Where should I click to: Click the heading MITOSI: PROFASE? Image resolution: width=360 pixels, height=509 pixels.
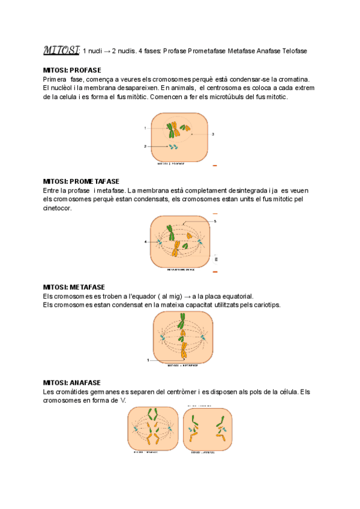click(72, 70)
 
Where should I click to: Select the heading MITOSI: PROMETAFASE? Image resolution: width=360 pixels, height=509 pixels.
click(81, 181)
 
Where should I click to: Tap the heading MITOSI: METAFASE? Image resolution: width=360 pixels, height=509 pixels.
click(74, 287)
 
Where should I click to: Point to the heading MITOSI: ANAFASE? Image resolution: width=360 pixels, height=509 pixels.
click(71, 382)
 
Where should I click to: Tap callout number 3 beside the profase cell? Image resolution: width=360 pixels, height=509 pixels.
click(213, 134)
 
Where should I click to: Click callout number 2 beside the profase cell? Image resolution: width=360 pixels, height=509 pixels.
click(145, 146)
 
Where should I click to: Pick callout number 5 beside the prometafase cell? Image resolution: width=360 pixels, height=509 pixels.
click(215, 221)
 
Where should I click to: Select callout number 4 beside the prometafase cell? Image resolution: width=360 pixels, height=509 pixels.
click(145, 241)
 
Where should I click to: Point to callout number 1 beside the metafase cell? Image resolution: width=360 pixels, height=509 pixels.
click(148, 360)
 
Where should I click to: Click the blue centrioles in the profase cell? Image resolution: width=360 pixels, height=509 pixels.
click(173, 146)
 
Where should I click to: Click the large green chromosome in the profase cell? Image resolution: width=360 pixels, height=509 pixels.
click(172, 130)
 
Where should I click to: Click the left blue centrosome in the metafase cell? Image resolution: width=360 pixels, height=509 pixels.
click(161, 339)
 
